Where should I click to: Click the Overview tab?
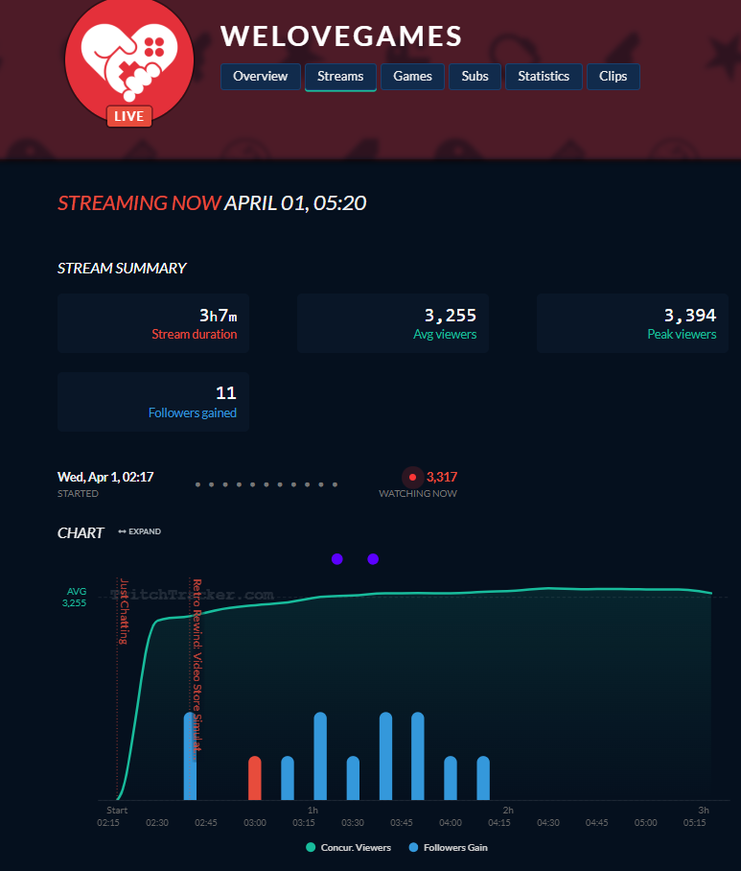point(261,77)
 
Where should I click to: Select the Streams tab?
point(340,77)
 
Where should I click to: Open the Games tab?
point(412,77)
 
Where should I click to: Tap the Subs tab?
point(475,77)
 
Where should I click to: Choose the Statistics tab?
point(544,77)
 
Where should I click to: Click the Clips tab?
point(613,77)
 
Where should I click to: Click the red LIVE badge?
point(128,116)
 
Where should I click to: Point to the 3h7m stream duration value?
point(218,316)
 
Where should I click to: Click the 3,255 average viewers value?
point(451,316)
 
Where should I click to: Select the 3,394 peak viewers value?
point(690,316)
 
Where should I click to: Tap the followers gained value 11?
point(226,393)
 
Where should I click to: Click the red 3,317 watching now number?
point(441,477)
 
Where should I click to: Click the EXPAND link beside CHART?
point(140,531)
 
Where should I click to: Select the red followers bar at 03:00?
point(255,778)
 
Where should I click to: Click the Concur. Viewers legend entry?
point(345,847)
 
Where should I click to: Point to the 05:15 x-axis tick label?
point(694,823)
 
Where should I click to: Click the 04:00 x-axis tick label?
point(451,823)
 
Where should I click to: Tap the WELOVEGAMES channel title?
point(341,36)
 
